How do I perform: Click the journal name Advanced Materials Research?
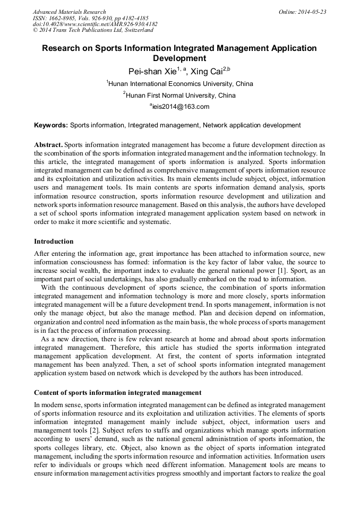70,12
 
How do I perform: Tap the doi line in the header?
95,24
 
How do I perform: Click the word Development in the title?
179,58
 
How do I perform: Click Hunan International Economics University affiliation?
181,84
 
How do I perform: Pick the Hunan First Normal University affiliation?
181,96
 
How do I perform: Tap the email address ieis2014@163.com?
181,107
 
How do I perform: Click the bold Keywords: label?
51,126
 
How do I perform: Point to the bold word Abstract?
48,145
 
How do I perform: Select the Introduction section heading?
54,241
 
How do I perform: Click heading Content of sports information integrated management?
117,393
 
